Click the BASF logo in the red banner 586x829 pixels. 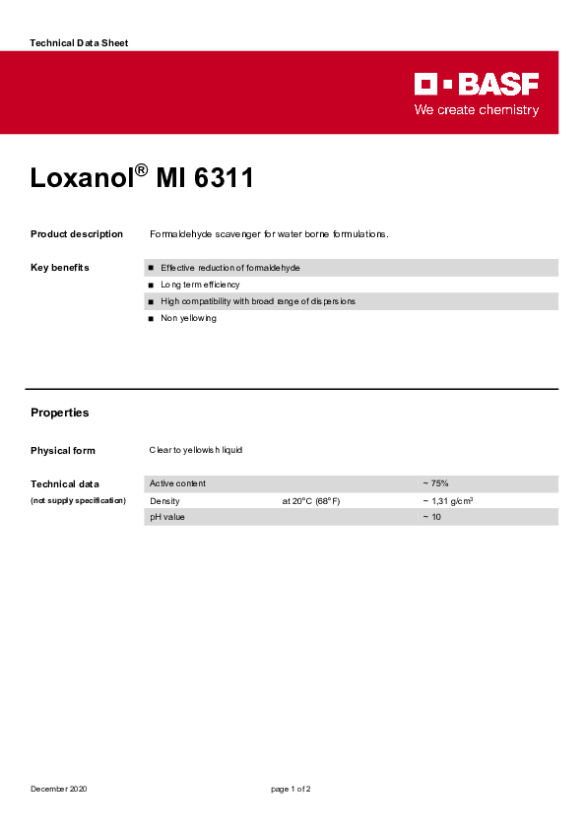click(477, 84)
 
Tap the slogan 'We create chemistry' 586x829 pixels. click(476, 110)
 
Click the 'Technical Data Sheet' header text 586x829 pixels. click(79, 43)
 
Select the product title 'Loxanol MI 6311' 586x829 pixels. click(142, 179)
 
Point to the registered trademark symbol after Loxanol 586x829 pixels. click(141, 170)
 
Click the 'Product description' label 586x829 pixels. click(77, 234)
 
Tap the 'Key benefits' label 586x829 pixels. click(60, 268)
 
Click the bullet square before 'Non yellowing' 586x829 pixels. click(151, 319)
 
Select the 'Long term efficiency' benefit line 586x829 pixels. click(200, 285)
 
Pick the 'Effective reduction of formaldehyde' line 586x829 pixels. click(229, 268)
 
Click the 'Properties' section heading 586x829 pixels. click(59, 413)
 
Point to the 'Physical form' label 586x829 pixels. click(63, 451)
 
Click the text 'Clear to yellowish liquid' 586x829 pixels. click(195, 450)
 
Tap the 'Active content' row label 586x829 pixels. click(177, 483)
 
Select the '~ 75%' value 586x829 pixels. click(435, 483)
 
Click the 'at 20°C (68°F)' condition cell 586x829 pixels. click(311, 501)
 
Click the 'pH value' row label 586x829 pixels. click(167, 517)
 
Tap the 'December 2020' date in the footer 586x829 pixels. click(58, 790)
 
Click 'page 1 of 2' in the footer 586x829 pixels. click(292, 790)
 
